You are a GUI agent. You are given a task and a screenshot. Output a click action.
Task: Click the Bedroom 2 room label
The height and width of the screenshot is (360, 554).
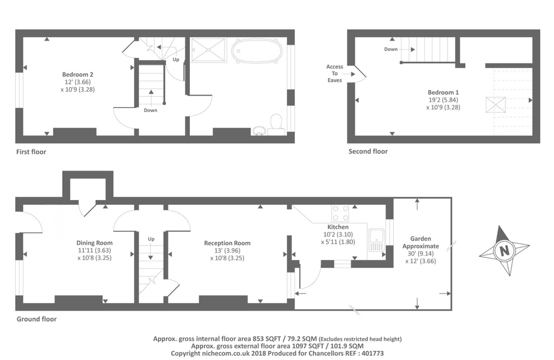coord(78,75)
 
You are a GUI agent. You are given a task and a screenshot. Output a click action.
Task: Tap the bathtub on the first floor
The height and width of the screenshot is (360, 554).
coord(257,51)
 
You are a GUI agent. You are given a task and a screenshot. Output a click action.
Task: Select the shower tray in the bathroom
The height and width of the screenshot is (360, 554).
coord(208,50)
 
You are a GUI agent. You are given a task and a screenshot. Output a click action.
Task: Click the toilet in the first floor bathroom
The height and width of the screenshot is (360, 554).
coord(276,125)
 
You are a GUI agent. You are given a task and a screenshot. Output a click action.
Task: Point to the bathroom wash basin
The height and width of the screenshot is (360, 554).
coord(259,131)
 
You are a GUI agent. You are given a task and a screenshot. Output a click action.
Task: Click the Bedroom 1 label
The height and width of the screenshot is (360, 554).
coord(443,92)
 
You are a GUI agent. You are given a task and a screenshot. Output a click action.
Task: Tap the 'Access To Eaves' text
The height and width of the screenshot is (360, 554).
coord(334,74)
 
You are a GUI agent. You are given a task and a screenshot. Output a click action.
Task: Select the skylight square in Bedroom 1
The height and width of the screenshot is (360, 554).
coord(496,105)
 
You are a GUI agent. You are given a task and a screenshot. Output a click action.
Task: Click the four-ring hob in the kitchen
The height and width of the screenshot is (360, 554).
coord(340,214)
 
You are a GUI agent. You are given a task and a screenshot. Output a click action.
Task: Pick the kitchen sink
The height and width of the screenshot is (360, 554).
coord(377,240)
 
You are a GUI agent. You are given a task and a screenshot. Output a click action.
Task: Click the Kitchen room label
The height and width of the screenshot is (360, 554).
coord(338,227)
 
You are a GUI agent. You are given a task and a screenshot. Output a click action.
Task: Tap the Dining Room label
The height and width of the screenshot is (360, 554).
coord(94,243)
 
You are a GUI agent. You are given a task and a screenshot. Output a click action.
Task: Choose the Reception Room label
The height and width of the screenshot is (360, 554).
coord(227,243)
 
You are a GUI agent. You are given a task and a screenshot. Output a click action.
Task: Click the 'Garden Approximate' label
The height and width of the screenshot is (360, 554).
coord(420,243)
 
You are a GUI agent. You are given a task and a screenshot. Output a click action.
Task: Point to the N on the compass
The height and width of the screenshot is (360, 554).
coord(505,251)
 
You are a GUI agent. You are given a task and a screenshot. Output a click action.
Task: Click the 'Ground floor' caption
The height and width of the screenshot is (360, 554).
coord(37,319)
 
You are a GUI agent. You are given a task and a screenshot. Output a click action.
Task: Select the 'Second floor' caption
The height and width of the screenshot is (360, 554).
coord(368,151)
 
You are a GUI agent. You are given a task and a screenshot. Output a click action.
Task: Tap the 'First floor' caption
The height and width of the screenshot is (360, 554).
coord(31,152)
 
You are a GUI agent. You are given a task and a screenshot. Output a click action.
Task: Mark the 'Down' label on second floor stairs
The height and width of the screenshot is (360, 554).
coord(391,49)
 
